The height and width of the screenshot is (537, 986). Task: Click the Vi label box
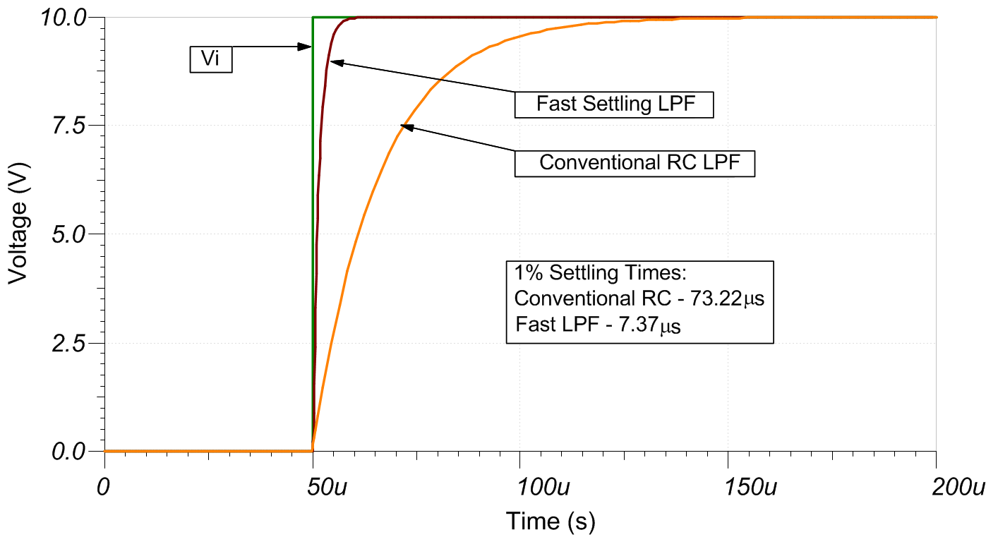pos(211,59)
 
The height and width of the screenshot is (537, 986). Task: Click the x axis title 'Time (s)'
pos(551,521)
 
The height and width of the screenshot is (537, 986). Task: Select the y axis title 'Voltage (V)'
pos(18,233)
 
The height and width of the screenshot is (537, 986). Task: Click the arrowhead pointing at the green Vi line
pos(306,47)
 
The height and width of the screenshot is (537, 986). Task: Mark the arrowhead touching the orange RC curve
pos(404,126)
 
